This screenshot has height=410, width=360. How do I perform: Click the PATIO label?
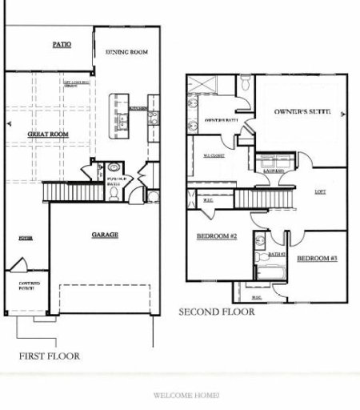(x=62, y=45)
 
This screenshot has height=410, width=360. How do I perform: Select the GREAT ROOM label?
(x=47, y=135)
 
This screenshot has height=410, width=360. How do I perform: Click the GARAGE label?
(x=105, y=235)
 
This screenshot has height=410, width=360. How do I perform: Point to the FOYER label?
(x=26, y=239)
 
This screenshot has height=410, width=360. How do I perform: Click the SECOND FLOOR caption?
(x=217, y=312)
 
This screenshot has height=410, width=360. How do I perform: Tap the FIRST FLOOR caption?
(x=49, y=356)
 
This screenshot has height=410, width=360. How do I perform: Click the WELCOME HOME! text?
(x=186, y=396)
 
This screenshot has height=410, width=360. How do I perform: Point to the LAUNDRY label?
(x=266, y=171)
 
